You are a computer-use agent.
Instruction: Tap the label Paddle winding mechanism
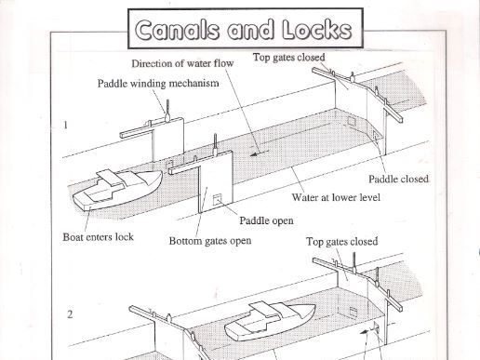click(158, 83)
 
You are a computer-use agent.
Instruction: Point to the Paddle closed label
click(398, 179)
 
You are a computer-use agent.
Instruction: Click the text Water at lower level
click(336, 197)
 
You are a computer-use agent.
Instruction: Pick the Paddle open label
click(266, 220)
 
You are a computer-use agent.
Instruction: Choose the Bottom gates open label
click(208, 240)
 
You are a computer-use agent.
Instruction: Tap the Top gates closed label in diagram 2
click(341, 241)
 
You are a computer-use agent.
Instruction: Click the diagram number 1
click(66, 122)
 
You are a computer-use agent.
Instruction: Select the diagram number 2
click(68, 313)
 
